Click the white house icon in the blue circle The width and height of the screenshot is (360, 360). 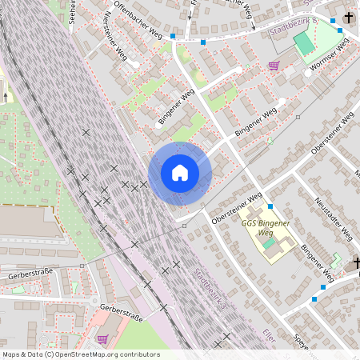[180, 173]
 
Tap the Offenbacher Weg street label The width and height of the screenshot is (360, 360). [140, 18]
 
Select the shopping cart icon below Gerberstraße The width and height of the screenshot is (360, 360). [102, 338]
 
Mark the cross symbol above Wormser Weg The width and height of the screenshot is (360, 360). [349, 17]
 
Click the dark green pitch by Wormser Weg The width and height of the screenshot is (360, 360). [304, 44]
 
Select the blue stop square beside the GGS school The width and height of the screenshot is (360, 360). [270, 206]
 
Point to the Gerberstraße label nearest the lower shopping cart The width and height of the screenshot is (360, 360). [121, 313]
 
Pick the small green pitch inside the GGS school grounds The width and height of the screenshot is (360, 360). [269, 242]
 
